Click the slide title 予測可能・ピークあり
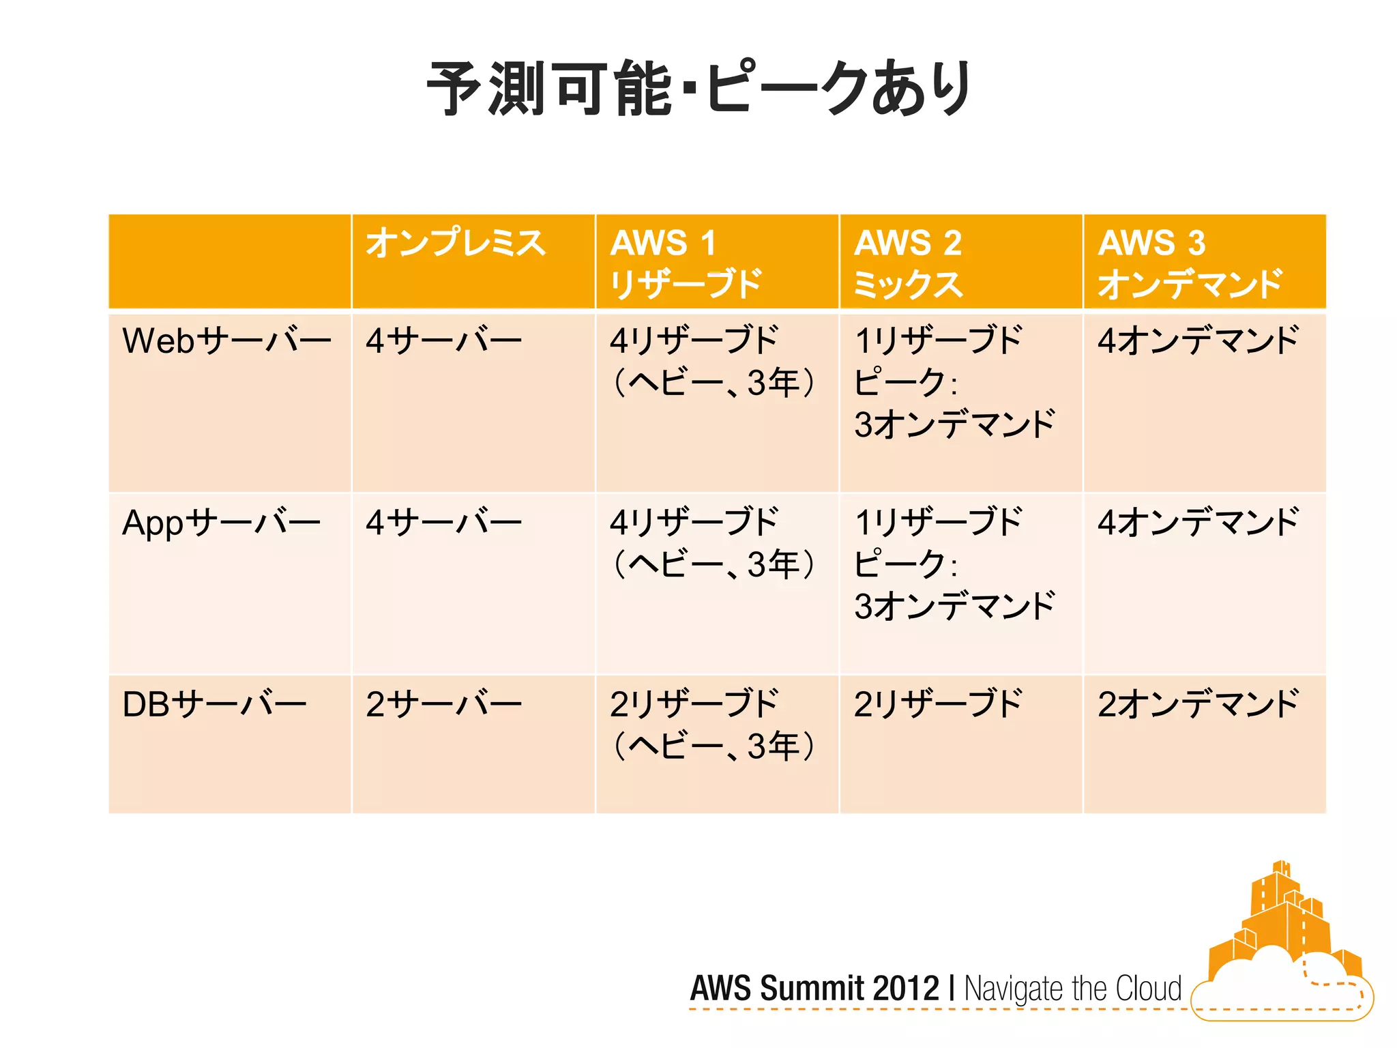click(x=698, y=89)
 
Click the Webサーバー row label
click(x=226, y=340)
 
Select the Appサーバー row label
click(x=221, y=523)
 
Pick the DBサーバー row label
click(x=214, y=704)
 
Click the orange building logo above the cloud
click(x=1276, y=914)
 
